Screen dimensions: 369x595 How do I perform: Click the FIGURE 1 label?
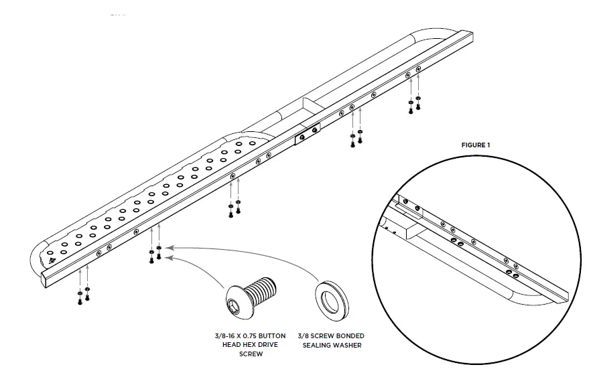(476, 145)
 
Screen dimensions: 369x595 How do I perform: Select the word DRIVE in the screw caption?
(263, 345)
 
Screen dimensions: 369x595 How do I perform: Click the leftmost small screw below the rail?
(80, 301)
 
